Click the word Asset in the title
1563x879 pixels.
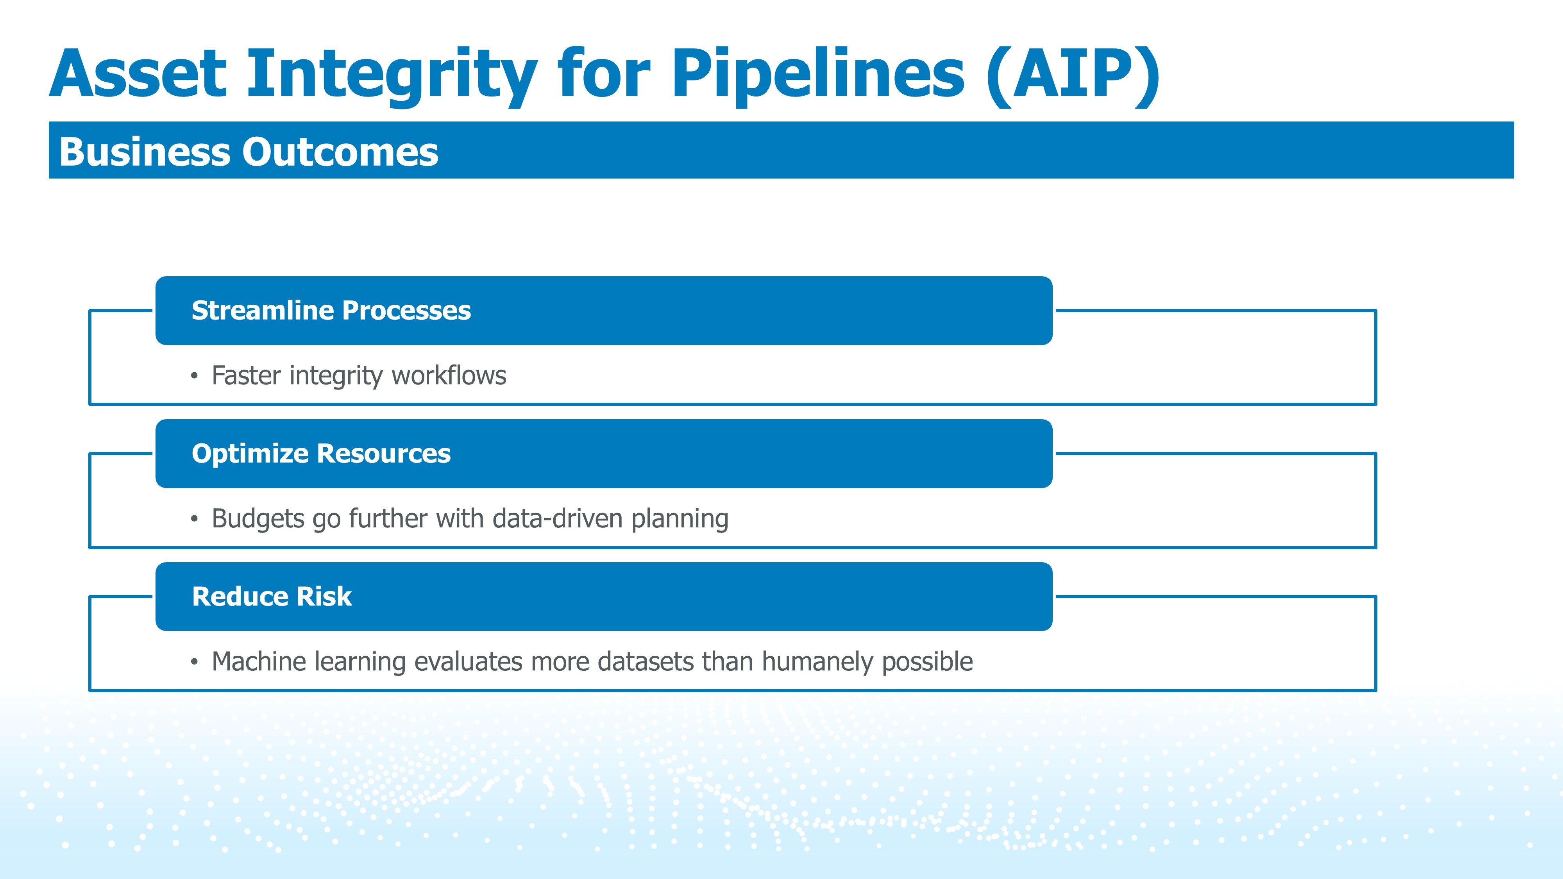click(138, 73)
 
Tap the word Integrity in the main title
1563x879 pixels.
click(392, 77)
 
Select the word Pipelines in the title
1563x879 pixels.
click(818, 77)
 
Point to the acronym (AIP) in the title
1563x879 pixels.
click(1073, 77)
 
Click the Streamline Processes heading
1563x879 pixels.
click(331, 311)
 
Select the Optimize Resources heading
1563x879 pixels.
click(321, 454)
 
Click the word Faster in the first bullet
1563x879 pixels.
click(246, 375)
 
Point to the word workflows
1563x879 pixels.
click(449, 375)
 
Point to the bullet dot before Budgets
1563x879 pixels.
click(194, 519)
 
